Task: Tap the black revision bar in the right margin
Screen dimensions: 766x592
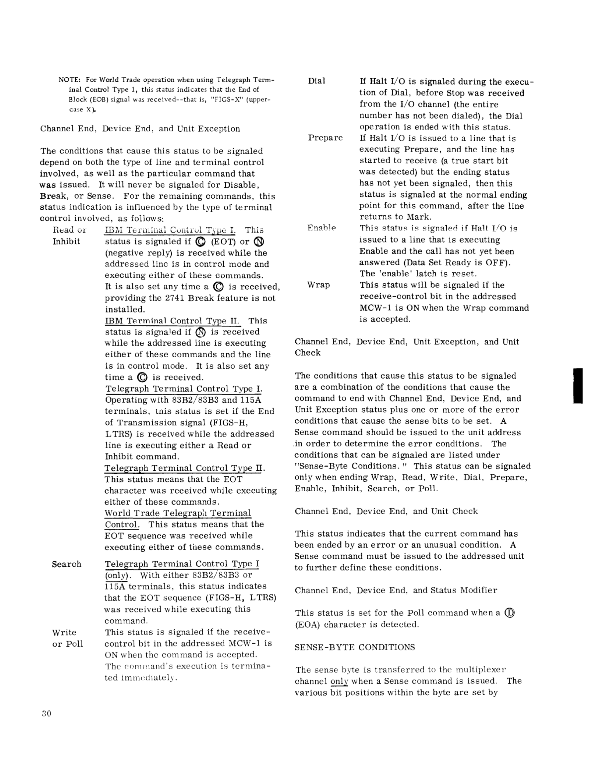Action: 578,386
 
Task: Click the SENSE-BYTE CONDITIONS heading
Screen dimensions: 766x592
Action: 355,647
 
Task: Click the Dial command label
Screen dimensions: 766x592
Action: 317,81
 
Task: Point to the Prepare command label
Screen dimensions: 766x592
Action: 325,138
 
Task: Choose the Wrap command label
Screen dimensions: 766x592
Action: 319,285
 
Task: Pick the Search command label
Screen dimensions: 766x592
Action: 67,564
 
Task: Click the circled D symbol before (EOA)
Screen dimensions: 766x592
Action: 509,613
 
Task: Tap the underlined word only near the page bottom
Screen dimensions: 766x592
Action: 339,681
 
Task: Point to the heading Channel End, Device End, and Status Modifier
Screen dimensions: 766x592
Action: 396,590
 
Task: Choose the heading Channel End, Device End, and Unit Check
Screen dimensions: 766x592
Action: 386,511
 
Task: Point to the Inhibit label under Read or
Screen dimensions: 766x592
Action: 66,241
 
